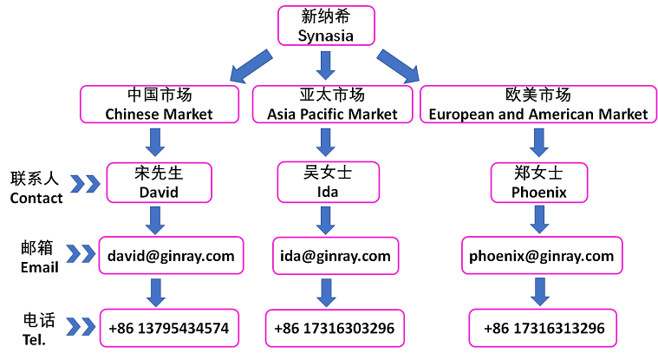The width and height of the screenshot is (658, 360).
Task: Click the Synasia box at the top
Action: [326, 26]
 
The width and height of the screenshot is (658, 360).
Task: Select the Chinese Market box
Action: [159, 104]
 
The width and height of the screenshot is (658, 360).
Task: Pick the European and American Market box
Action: [537, 104]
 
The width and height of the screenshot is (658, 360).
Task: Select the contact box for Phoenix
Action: [538, 182]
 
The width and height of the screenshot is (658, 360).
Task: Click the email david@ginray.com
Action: [171, 256]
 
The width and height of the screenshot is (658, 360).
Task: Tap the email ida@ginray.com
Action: [335, 256]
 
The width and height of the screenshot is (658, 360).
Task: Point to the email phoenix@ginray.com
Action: [541, 256]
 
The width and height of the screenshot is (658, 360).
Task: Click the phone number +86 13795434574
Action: [169, 329]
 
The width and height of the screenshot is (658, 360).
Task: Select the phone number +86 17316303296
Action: [334, 329]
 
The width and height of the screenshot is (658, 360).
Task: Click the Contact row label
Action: [36, 188]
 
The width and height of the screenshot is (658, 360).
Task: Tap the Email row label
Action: [39, 257]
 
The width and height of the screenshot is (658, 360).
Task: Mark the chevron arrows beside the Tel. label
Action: [81, 327]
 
